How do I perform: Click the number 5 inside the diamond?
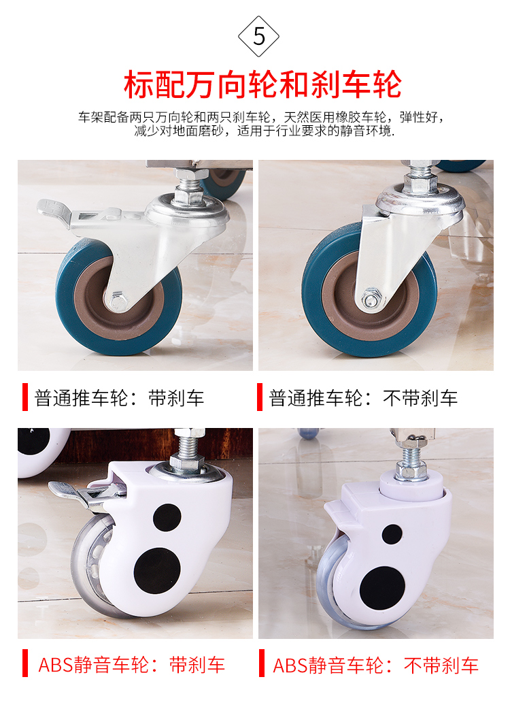tap(259, 37)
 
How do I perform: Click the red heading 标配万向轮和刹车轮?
tap(262, 84)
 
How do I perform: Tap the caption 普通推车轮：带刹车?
tap(119, 398)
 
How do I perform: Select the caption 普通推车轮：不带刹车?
tap(363, 398)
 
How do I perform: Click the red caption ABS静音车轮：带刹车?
tap(131, 665)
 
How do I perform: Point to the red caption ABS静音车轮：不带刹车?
tap(375, 665)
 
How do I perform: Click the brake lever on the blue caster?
tap(55, 211)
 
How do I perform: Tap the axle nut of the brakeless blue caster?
tap(371, 299)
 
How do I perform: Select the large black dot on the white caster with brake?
tap(157, 571)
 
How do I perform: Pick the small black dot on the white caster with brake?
tap(167, 518)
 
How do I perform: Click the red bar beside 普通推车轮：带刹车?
tap(25, 397)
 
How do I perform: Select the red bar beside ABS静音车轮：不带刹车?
tap(262, 663)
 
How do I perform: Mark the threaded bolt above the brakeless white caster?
tap(411, 457)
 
